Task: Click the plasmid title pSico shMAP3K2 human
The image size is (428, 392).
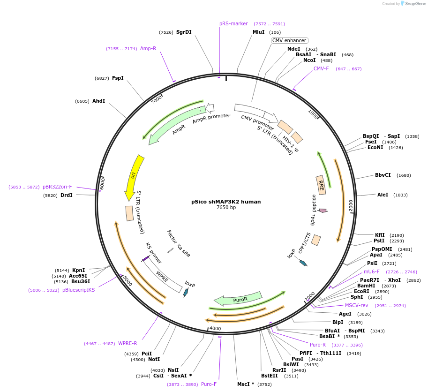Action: [226, 202]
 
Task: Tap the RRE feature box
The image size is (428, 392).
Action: [321, 184]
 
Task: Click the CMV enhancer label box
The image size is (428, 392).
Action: [289, 40]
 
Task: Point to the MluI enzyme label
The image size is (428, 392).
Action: [259, 32]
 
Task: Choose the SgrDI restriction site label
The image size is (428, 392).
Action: [184, 32]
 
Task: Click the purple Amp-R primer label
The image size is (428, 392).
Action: [148, 48]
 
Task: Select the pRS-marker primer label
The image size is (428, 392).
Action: [233, 23]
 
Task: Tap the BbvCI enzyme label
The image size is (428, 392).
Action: [383, 175]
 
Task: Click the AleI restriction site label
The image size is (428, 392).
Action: [383, 195]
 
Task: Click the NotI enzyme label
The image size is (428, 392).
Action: [154, 359]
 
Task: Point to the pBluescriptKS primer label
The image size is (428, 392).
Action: [78, 290]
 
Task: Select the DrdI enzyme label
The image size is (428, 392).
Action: [66, 195]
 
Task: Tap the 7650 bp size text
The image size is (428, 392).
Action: [226, 208]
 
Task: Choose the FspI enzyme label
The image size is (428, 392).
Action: [118, 78]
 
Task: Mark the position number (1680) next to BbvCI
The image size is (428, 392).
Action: [404, 175]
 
